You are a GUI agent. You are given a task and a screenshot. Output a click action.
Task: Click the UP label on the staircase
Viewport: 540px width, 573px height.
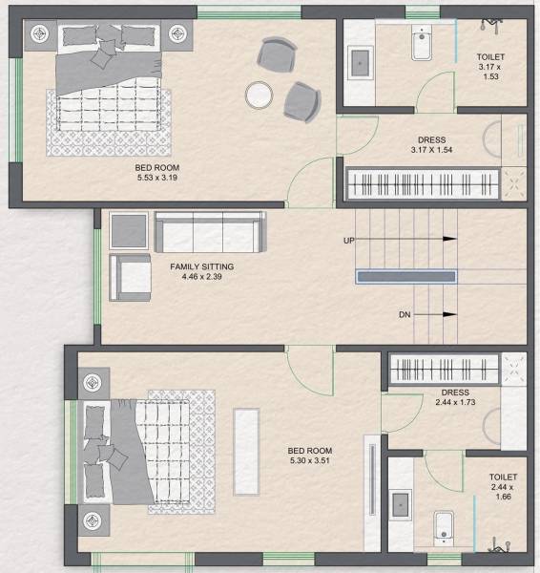point(349,241)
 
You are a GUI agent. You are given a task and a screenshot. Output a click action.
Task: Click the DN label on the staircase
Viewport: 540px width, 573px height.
point(405,313)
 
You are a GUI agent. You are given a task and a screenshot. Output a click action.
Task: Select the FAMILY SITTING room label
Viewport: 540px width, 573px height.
point(202,266)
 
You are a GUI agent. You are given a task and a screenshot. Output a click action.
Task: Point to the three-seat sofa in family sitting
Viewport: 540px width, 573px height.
point(211,231)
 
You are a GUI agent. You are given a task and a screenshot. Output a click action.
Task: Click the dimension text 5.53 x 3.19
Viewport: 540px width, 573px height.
point(157,178)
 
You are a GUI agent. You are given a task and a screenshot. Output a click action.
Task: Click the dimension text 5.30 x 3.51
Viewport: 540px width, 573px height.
point(310,462)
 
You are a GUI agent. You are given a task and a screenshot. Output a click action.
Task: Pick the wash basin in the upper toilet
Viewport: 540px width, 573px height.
point(360,62)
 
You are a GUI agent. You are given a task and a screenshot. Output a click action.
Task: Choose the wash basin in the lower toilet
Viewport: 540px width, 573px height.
point(401,505)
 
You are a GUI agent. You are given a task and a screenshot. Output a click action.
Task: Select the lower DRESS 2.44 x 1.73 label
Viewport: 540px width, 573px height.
point(454,398)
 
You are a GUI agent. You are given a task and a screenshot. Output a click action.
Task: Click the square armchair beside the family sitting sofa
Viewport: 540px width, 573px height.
point(131,275)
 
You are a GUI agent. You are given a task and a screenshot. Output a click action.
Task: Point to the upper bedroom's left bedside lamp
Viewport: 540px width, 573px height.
point(41,34)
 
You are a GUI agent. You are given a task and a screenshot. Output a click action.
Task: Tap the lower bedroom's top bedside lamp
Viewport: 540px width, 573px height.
point(92,383)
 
